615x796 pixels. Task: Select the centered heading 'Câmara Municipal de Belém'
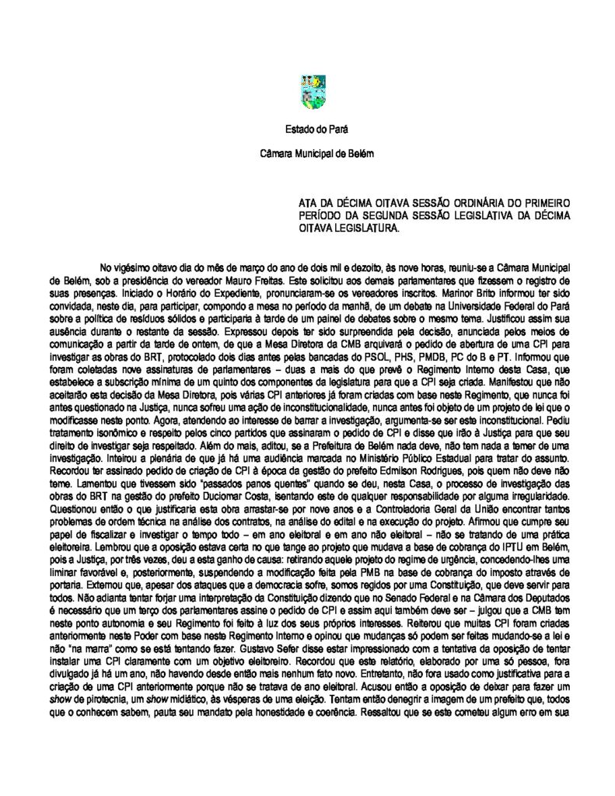[307, 154]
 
